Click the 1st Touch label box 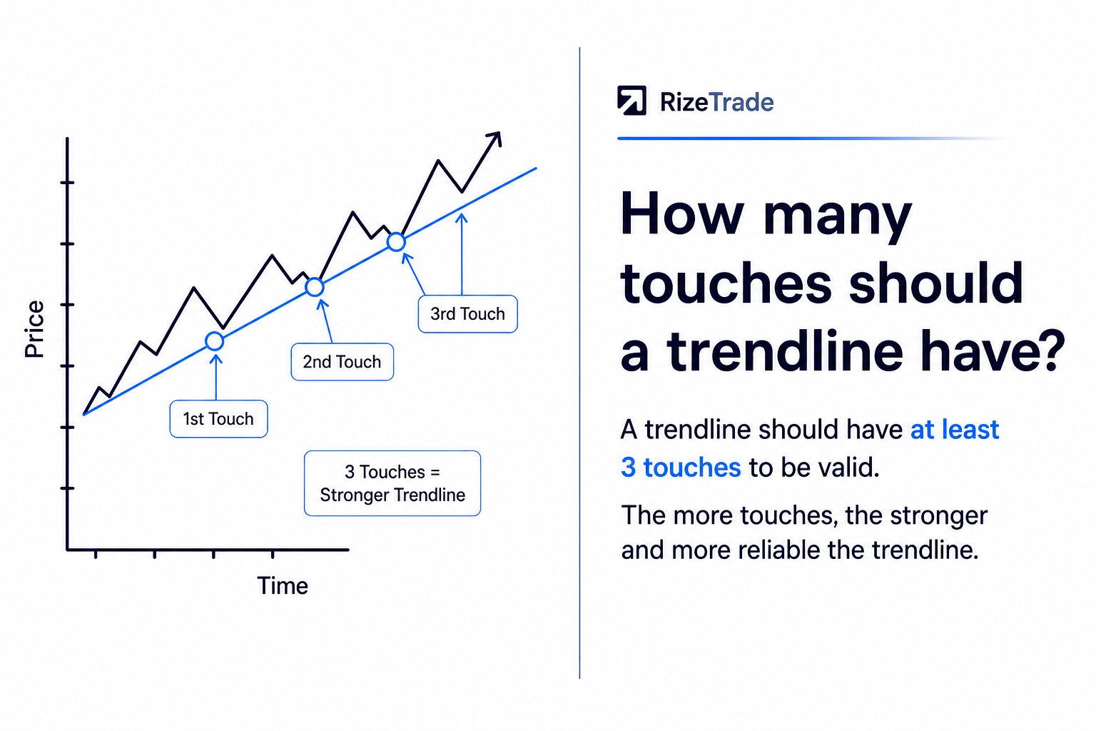tap(219, 418)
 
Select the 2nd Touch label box tap(342, 362)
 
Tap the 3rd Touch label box tap(468, 314)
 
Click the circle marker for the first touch tap(214, 341)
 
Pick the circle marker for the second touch tap(315, 287)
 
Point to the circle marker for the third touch tap(396, 242)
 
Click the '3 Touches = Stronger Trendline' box tap(392, 483)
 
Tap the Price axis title tap(34, 329)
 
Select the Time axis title tap(283, 585)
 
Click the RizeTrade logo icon tap(631, 101)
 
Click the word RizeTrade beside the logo tap(717, 102)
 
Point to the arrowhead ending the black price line tap(495, 138)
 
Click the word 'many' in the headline tap(838, 218)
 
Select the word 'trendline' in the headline tap(785, 351)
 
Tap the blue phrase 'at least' tap(955, 430)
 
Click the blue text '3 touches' tap(681, 467)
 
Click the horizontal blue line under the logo tap(812, 138)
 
